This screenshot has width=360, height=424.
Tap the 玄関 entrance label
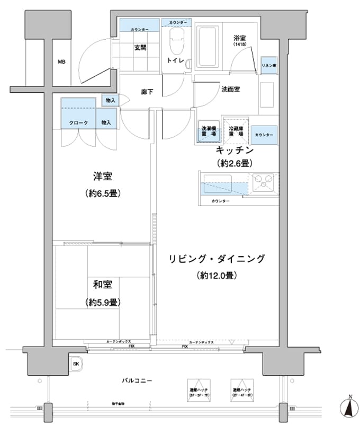[140, 48]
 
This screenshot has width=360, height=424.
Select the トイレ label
[175, 61]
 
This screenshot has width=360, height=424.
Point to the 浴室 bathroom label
[240, 39]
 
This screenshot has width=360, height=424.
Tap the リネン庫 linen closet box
[268, 65]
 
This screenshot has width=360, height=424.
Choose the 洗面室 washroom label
[230, 89]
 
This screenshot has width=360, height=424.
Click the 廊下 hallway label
[147, 92]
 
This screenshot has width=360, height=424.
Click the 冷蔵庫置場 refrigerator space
[236, 131]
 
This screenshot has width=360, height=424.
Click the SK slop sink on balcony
[76, 364]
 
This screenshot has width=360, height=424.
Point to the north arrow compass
[349, 408]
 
